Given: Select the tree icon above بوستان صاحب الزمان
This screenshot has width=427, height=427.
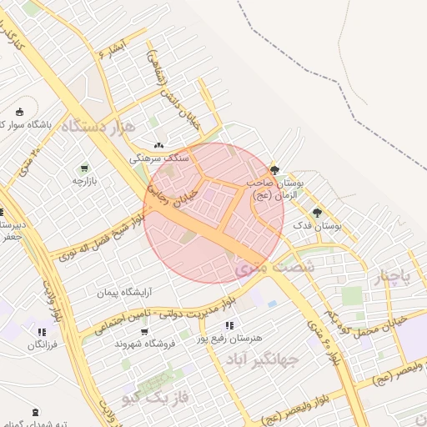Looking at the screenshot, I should coord(275,168).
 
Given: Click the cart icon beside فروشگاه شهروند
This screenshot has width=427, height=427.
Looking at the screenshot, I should coord(145,331).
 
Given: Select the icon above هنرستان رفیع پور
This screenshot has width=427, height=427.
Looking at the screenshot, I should coord(229,325).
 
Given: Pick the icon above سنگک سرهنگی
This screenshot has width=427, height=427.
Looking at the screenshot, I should coord(159,144).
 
